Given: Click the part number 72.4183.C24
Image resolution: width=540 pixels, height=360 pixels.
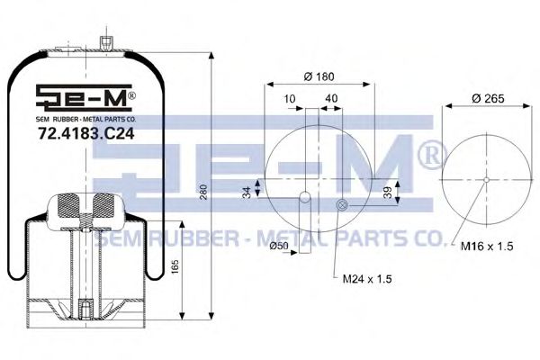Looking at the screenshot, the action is point(85,134).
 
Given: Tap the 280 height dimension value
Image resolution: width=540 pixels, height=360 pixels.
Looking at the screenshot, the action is point(203,193).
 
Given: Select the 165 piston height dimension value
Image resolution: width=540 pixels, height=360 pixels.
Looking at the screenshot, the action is point(175,266).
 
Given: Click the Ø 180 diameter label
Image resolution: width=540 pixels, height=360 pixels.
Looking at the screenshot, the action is point(319,76).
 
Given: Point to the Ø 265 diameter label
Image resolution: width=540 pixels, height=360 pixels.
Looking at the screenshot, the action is point(488,99).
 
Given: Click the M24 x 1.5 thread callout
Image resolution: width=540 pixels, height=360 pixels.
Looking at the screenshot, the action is point(367,278).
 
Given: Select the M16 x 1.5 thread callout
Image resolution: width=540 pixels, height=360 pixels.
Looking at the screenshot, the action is point(487,246).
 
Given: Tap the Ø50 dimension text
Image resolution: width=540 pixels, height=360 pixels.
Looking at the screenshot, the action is point(279,246).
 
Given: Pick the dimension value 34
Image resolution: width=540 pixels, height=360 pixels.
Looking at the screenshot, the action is point(247,193).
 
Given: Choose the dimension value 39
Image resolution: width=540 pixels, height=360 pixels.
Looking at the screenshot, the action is point(388,193).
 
